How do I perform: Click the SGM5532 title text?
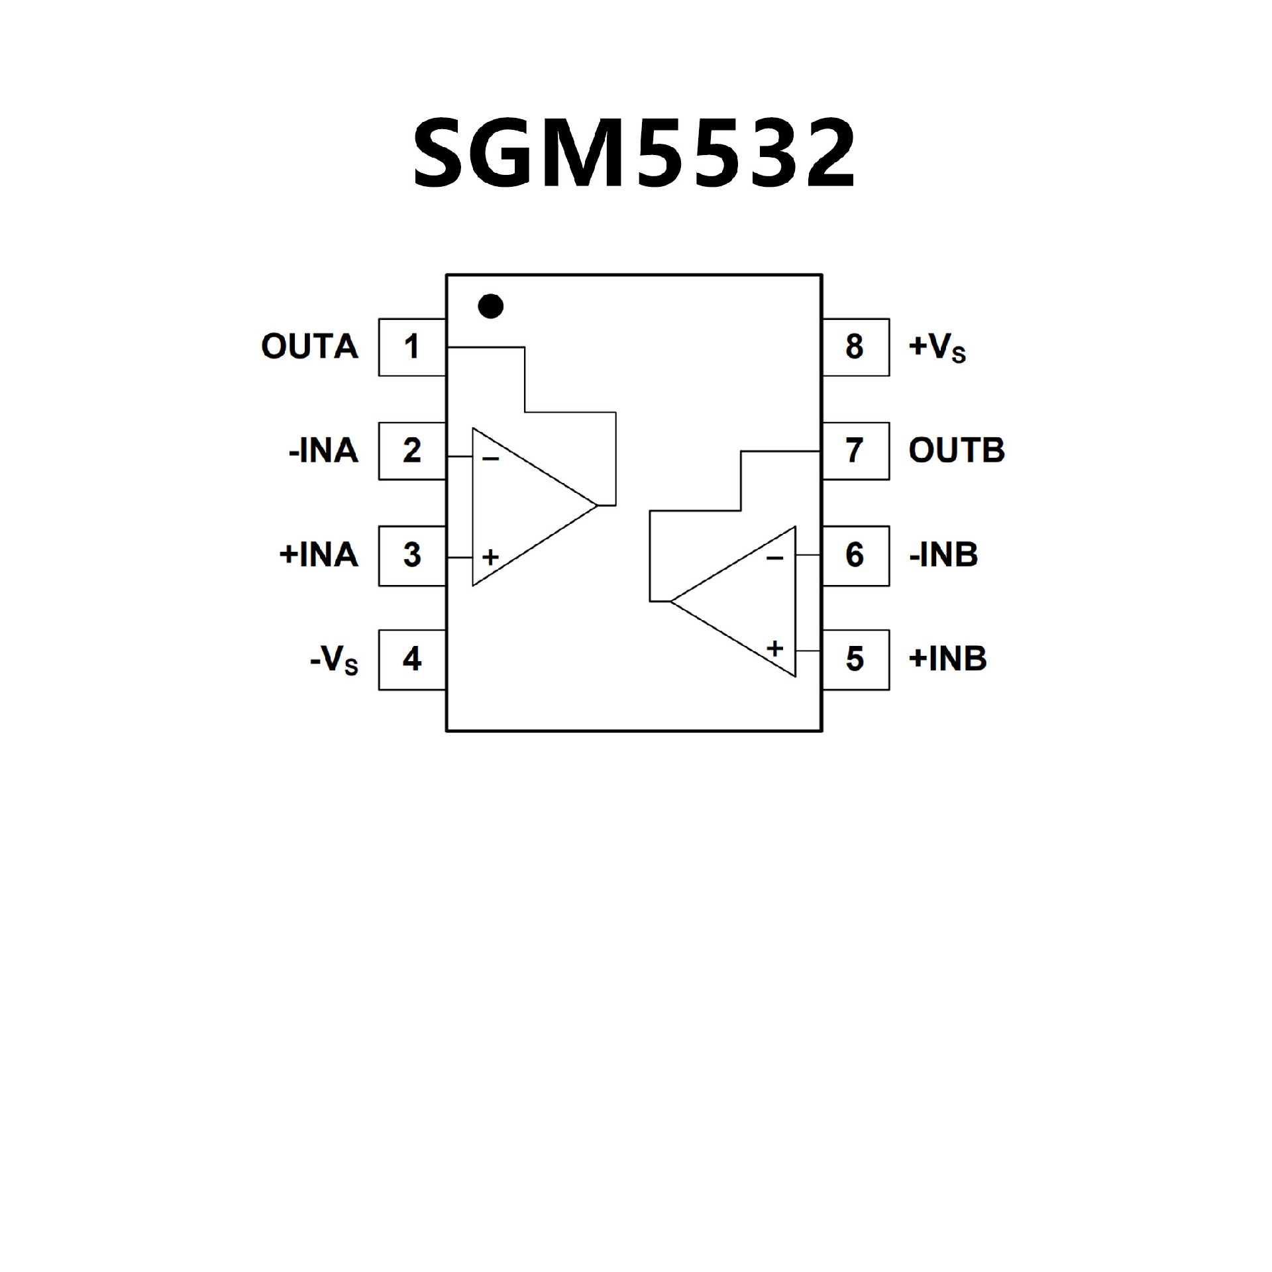(635, 154)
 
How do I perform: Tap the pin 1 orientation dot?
(490, 306)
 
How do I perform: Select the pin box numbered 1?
(411, 347)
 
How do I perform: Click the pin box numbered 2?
(411, 451)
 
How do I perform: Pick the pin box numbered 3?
(411, 555)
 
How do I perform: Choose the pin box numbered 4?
(411, 659)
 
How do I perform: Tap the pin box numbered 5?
(855, 659)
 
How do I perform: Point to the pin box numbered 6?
(855, 555)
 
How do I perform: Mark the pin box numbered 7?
(855, 451)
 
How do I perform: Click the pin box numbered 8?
(855, 347)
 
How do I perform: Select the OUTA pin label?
(309, 347)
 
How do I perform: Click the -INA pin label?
(323, 451)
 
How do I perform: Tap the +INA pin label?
(319, 555)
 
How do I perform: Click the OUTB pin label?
(957, 451)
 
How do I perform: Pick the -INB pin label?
(943, 555)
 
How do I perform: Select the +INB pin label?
(948, 659)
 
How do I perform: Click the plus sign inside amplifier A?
(490, 557)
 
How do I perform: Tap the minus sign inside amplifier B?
(774, 558)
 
